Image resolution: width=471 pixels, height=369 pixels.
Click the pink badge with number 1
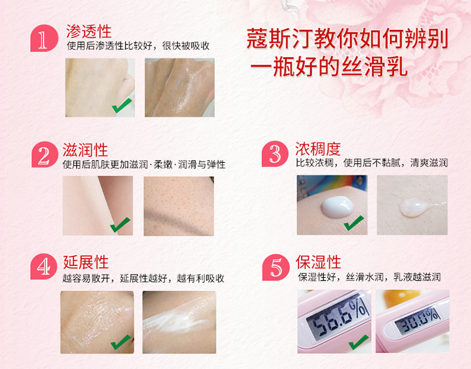[44, 38]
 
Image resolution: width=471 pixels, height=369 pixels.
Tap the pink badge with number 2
[45, 154]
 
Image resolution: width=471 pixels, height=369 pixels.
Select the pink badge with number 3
[275, 154]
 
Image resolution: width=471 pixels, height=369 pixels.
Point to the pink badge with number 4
[44, 267]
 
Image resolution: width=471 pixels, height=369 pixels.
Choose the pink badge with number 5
[276, 267]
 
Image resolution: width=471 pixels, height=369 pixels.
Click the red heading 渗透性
[89, 31]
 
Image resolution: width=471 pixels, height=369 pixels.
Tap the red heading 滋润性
[85, 149]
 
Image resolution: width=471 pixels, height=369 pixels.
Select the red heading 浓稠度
[318, 149]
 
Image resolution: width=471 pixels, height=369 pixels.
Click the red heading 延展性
[85, 262]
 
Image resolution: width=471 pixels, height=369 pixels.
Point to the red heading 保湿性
[318, 262]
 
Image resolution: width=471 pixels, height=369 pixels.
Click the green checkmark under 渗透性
[122, 105]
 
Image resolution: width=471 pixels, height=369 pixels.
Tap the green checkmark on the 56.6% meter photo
[359, 342]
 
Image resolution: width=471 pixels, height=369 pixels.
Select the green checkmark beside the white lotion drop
[354, 223]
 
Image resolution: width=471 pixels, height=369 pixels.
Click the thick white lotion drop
[337, 206]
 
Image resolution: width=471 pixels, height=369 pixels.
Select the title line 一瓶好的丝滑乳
[328, 67]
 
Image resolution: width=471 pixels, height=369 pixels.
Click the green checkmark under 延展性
[121, 342]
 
